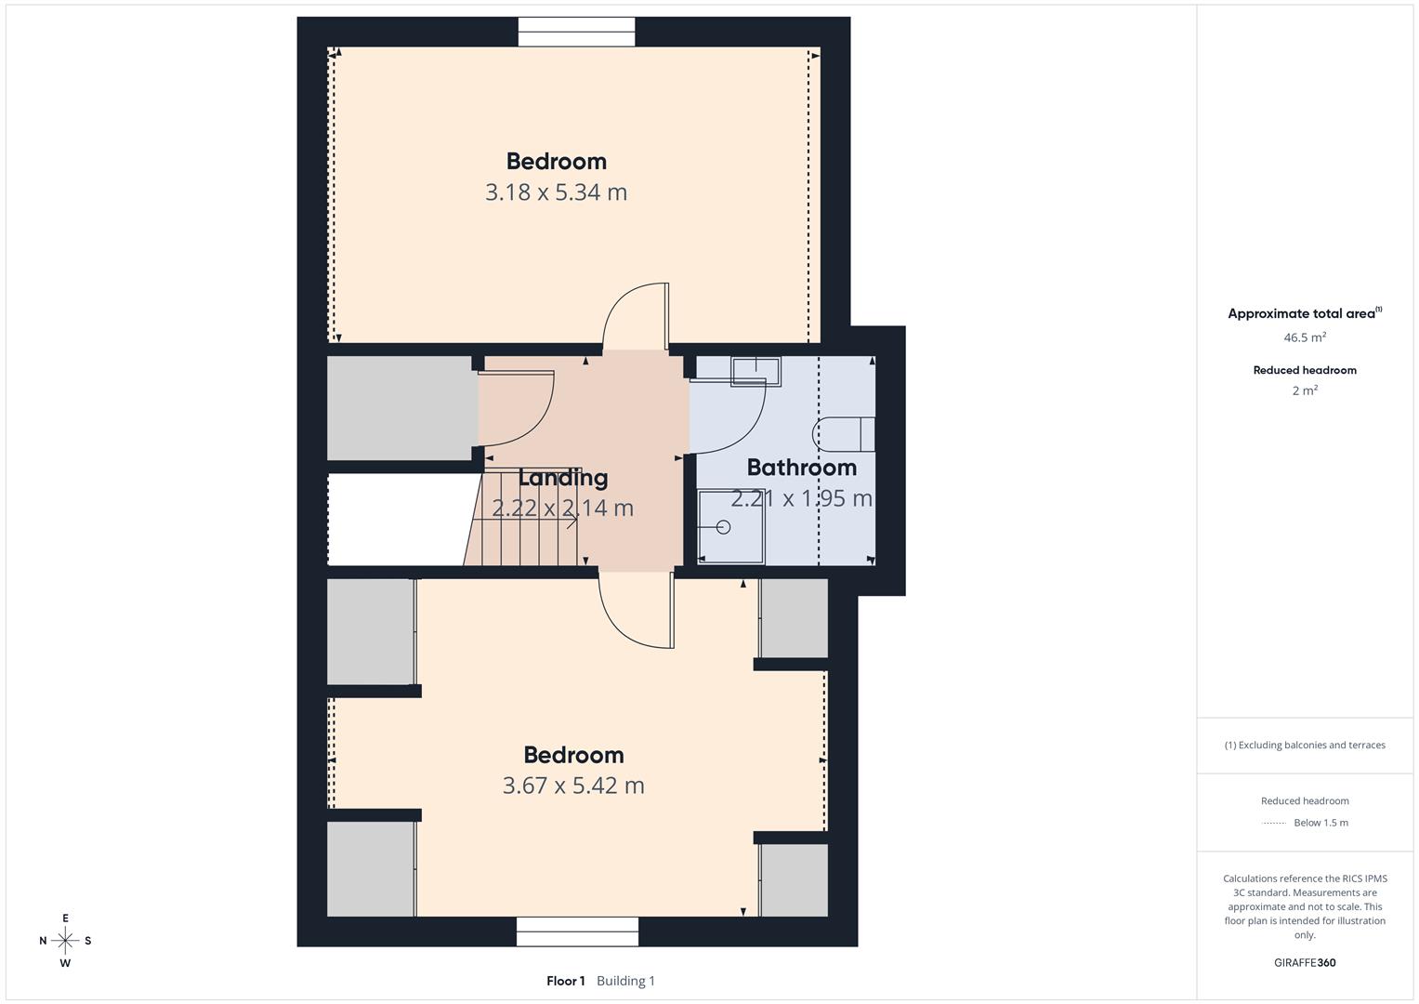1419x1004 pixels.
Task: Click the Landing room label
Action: [563, 478]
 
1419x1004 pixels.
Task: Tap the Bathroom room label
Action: [801, 468]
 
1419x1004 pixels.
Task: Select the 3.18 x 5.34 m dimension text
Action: [557, 192]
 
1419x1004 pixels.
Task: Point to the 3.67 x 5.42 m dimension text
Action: [573, 786]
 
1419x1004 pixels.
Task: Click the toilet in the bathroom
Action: [843, 434]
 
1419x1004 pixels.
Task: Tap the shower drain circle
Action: [723, 527]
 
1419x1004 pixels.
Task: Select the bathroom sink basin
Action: [755, 371]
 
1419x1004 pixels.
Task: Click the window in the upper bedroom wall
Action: [576, 32]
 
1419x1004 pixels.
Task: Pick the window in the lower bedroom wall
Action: [577, 931]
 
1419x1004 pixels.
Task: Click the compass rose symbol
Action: [65, 941]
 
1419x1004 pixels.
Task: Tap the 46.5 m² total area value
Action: [1305, 337]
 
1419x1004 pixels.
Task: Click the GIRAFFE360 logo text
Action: [1305, 962]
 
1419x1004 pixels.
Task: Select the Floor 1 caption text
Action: [566, 981]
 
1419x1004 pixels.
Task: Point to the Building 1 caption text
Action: [626, 981]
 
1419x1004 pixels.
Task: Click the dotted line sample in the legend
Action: [1274, 824]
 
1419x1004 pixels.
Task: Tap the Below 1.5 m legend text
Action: [1320, 823]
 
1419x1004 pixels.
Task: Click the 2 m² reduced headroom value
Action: [1305, 390]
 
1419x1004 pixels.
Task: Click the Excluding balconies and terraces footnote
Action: [1305, 745]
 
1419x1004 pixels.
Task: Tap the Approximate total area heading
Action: [1305, 313]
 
